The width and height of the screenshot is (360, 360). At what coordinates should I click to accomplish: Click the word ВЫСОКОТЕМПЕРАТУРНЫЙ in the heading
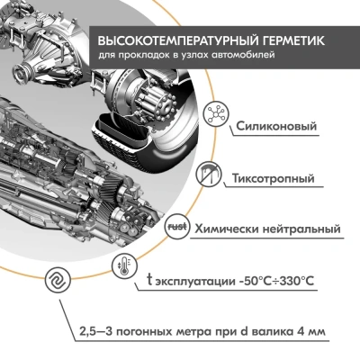[168, 41]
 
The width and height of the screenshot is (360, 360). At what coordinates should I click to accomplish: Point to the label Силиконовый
[274, 126]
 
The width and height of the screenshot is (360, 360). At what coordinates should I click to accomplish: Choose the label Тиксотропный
[274, 177]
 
